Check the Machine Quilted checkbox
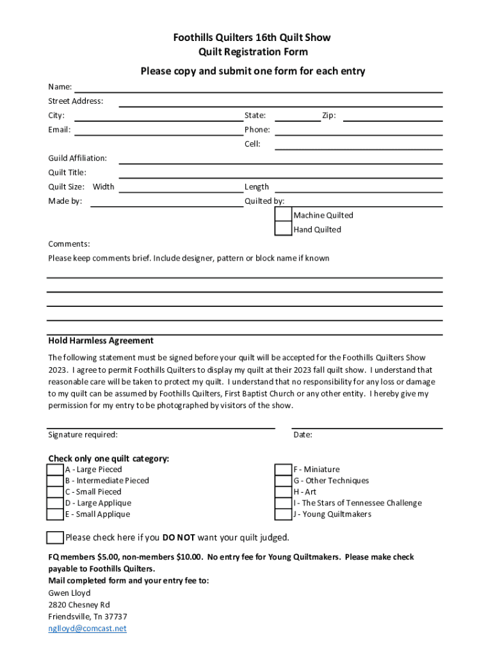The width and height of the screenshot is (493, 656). [x=283, y=215]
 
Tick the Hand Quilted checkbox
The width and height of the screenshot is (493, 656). [x=283, y=229]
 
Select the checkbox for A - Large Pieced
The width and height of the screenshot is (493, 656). [x=55, y=470]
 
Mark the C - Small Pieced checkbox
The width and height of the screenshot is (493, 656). [x=55, y=492]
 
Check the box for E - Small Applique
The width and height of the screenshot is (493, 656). [x=55, y=514]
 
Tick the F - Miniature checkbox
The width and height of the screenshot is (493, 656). [x=283, y=470]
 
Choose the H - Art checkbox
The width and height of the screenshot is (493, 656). [x=283, y=492]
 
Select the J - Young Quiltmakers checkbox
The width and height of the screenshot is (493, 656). [x=283, y=514]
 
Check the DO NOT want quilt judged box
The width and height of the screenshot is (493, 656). [x=55, y=537]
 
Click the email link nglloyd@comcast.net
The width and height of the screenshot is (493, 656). [x=87, y=628]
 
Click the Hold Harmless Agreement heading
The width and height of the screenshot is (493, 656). [x=101, y=341]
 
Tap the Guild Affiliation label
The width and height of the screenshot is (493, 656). [x=77, y=158]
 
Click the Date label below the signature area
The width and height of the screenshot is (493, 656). [x=303, y=435]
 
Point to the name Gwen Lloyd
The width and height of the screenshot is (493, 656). [x=69, y=593]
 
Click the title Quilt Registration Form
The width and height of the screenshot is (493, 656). [x=252, y=52]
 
